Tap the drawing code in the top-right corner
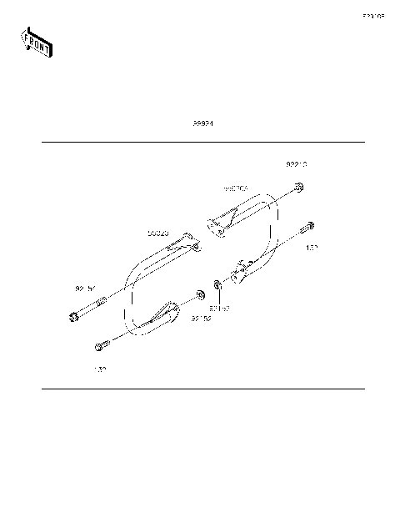coord(372,16)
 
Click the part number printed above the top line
coord(203,123)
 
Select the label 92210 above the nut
coord(297,165)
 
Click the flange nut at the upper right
coord(299,188)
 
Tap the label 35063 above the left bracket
coord(158,233)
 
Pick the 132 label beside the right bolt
coord(312,248)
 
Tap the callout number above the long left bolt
coord(85,289)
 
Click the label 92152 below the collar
coord(201,318)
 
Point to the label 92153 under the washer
coord(219,308)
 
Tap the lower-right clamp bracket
coord(243,272)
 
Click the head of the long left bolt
coord(70,316)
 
